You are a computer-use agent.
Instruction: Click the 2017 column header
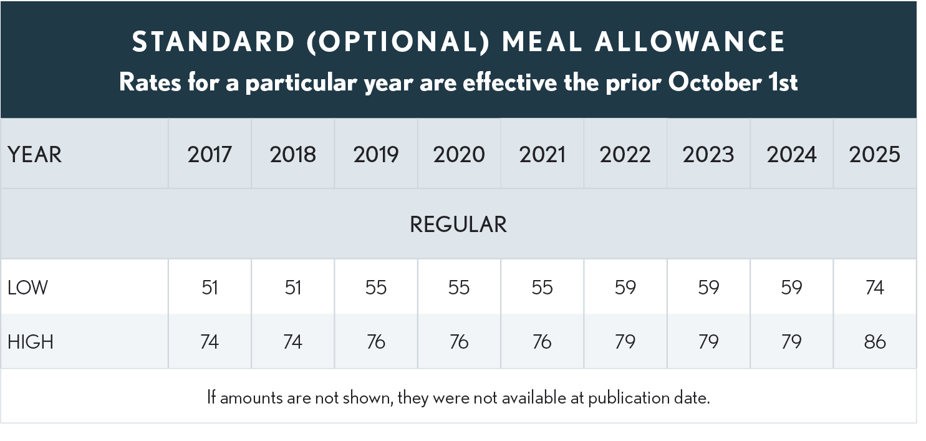(x=210, y=155)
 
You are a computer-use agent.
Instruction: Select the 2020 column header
(x=459, y=155)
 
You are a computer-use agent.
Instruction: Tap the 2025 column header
(x=874, y=155)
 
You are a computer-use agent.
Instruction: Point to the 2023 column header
(x=708, y=155)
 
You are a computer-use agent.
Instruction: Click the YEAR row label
(x=35, y=155)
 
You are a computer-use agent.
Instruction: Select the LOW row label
(x=28, y=288)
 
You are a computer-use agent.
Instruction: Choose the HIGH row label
(x=31, y=342)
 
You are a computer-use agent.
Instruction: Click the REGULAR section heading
(x=458, y=225)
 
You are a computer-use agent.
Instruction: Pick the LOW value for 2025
(x=874, y=288)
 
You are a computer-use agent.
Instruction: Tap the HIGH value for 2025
(x=874, y=342)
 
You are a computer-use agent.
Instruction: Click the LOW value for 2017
(x=210, y=288)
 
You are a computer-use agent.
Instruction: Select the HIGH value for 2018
(x=292, y=342)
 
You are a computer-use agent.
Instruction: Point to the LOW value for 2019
(x=376, y=288)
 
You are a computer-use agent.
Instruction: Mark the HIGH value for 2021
(x=542, y=342)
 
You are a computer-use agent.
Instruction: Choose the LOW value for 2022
(x=625, y=288)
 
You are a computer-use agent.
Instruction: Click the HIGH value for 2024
(x=791, y=342)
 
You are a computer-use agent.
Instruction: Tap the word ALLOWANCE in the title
(x=690, y=42)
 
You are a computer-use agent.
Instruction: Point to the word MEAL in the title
(x=542, y=42)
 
